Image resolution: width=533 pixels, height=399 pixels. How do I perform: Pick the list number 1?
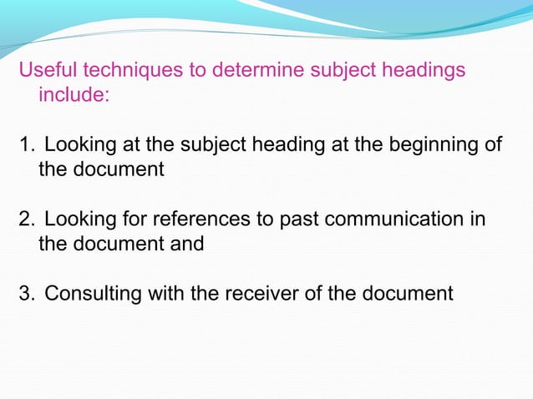coord(26,145)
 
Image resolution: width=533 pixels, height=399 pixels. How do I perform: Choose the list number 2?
coord(26,220)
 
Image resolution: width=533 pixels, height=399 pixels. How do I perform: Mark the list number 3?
coord(26,294)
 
